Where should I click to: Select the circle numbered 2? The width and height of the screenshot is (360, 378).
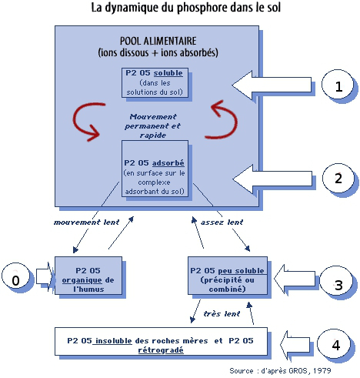[x=338, y=178]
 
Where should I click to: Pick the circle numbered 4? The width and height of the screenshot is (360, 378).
[x=334, y=344]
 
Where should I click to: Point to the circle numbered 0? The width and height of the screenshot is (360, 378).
[x=16, y=279]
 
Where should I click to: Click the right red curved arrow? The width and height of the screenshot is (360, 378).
[x=232, y=121]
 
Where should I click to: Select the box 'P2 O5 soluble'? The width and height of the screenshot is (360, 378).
[x=155, y=82]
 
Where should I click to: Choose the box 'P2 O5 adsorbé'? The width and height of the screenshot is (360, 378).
[x=155, y=169]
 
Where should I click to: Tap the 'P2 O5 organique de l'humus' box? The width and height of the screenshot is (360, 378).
[x=88, y=276]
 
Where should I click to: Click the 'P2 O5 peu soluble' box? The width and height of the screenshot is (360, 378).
[x=228, y=276]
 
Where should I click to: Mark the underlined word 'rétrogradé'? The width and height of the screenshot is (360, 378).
[x=161, y=350]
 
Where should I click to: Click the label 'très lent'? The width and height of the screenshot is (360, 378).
[x=222, y=314]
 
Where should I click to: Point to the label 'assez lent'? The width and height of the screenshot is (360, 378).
[x=222, y=222]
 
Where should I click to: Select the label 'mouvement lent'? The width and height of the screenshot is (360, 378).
[x=86, y=222]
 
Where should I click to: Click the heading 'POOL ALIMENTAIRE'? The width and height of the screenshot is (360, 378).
[x=158, y=41]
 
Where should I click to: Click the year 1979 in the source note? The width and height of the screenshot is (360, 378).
[x=322, y=370]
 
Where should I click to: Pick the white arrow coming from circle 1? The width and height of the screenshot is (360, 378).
[x=272, y=85]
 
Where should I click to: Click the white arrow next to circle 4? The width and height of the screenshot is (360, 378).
[x=295, y=344]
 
